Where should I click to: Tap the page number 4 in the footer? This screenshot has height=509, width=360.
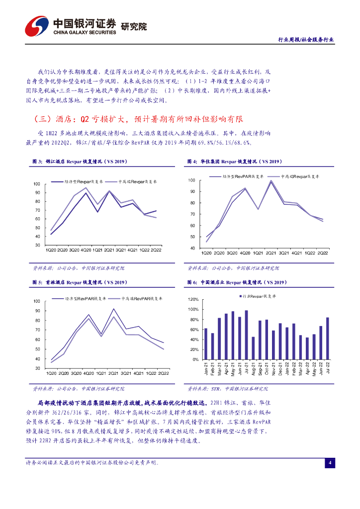click(330, 463)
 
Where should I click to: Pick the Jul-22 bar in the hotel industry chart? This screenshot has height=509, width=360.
click(328, 338)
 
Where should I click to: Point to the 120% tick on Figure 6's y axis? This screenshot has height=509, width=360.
click(193, 300)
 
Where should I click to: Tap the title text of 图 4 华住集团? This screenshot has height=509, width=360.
click(235, 162)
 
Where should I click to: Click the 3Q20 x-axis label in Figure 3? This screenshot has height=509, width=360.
click(75, 250)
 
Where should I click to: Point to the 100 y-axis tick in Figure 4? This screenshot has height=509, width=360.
click(192, 180)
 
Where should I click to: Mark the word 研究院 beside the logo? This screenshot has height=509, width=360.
click(134, 26)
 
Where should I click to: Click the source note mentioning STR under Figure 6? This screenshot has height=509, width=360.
click(227, 389)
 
